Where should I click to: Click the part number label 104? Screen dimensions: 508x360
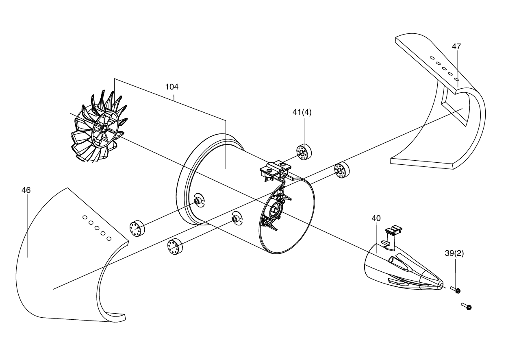pos(172,87)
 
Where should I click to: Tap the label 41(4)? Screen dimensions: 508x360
pos(302,112)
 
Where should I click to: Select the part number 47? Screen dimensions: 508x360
pos(456,46)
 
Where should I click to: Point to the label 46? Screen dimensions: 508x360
pos(26,190)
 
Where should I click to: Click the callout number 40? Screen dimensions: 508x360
pos(376,218)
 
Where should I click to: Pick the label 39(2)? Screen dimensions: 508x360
pos(454,253)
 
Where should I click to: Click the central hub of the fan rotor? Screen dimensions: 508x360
pos(104,129)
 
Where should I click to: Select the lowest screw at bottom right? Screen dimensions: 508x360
pos(467,306)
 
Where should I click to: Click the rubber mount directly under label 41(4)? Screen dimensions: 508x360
pos(304,152)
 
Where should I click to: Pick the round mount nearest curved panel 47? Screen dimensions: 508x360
pos(342,170)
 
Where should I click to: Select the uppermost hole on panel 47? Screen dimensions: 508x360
pos(432,58)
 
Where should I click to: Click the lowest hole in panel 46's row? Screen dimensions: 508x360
pos(109,238)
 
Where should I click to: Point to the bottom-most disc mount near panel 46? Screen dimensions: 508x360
pos(175,247)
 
